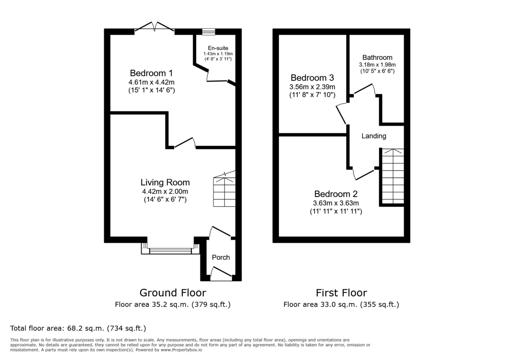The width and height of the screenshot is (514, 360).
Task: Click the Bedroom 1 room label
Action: click(x=151, y=72)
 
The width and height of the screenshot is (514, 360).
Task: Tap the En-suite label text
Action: click(x=218, y=48)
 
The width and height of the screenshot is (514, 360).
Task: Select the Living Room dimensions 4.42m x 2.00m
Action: click(x=165, y=192)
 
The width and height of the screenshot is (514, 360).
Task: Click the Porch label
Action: click(x=221, y=257)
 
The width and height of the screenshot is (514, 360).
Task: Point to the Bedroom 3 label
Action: click(x=312, y=78)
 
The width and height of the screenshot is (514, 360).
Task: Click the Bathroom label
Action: click(x=377, y=57)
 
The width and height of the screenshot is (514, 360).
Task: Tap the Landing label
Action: click(x=374, y=136)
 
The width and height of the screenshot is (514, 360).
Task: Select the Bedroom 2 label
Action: click(x=336, y=194)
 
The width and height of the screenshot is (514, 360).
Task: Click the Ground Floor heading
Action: click(x=173, y=293)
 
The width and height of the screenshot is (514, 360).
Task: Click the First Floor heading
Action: click(x=341, y=293)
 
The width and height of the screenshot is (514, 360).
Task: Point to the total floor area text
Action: click(x=78, y=328)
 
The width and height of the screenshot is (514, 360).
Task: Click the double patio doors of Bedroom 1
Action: click(x=155, y=28)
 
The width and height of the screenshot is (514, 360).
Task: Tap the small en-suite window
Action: click(x=209, y=31)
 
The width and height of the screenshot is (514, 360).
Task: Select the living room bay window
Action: click(x=170, y=250)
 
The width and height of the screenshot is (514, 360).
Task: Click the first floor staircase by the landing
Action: click(x=392, y=176)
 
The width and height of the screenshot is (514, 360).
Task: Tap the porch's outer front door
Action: click(x=221, y=274)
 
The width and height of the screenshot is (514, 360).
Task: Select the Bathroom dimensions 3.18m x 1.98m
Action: click(x=377, y=65)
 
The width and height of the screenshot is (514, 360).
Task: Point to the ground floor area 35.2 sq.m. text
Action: click(x=173, y=305)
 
